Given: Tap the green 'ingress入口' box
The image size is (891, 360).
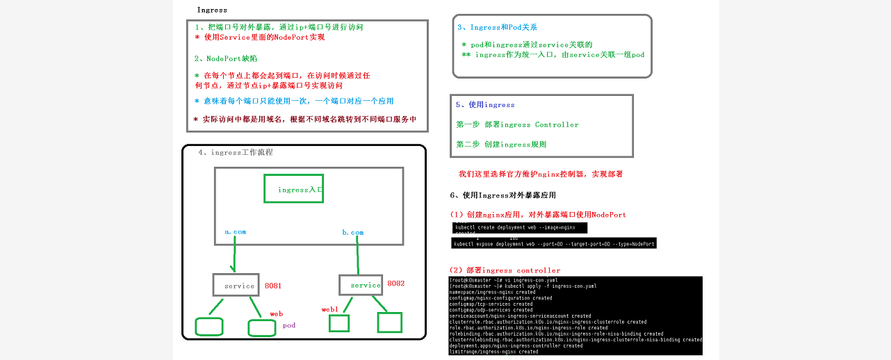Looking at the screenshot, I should (293, 189).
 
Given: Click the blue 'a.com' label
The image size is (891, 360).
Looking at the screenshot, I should (235, 231).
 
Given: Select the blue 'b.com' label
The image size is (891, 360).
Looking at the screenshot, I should (352, 232).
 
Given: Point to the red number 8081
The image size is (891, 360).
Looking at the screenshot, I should (273, 286).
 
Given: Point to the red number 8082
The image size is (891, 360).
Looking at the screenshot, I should (395, 284).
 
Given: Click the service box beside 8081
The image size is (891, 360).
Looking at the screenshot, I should (236, 285).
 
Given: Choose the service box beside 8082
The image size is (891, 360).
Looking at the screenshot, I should (361, 285).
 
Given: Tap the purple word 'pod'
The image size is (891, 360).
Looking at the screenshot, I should (289, 325).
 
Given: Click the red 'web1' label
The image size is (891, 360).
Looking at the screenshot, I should (329, 309).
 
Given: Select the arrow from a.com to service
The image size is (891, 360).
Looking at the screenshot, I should (235, 254).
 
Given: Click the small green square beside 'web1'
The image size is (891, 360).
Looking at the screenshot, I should (338, 323).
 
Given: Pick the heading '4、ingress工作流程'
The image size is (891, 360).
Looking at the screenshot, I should (235, 152).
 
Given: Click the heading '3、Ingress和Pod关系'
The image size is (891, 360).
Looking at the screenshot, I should (497, 28).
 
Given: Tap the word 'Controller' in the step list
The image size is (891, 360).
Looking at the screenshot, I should (556, 125).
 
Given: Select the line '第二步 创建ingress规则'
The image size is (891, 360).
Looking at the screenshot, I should (501, 145).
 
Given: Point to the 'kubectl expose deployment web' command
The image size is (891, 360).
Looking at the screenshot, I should (553, 244).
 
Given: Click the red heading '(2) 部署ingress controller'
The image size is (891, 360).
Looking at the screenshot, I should (505, 270).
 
